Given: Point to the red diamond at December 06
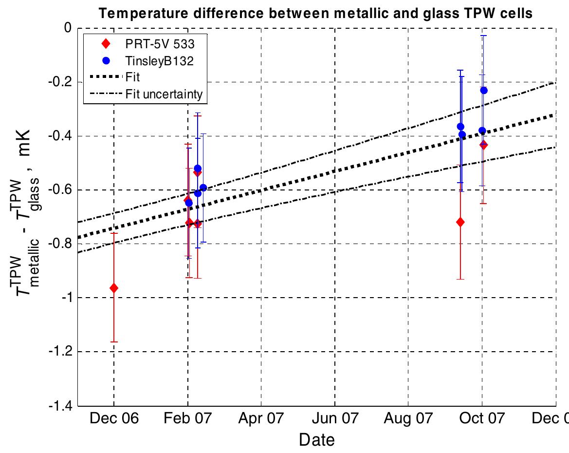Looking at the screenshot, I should tap(114, 288).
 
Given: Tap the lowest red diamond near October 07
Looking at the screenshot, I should tap(460, 222).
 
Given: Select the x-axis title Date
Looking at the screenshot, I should tap(316, 440).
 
